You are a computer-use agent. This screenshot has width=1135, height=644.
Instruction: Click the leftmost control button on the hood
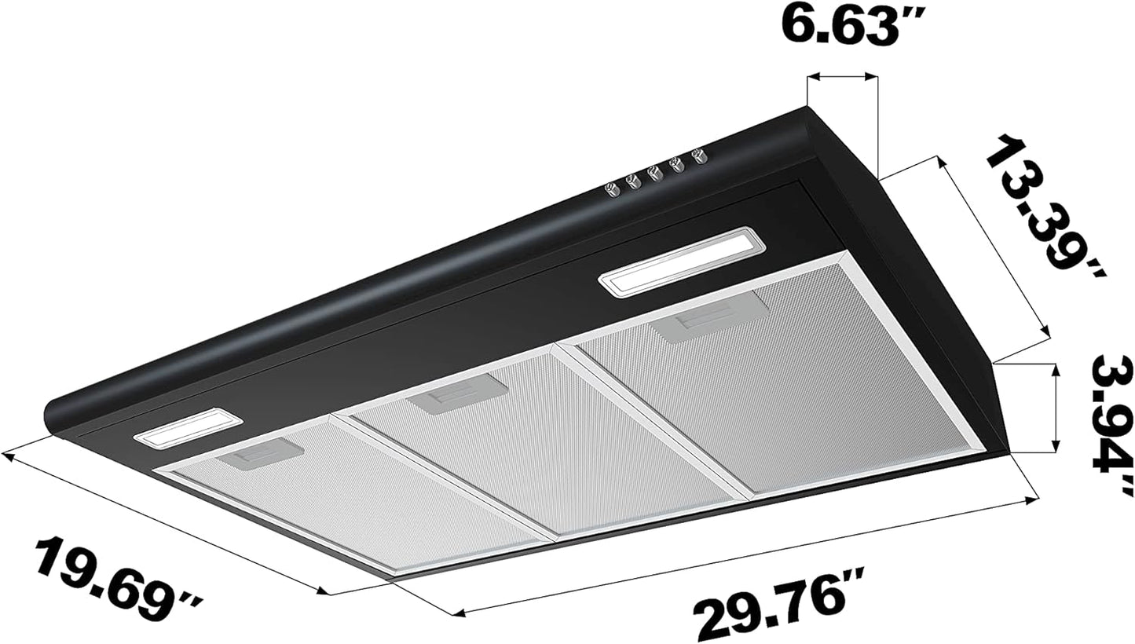tap(612, 188)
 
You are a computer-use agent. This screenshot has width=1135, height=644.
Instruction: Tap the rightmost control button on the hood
tap(697, 155)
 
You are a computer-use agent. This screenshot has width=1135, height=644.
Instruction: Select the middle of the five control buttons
tap(654, 171)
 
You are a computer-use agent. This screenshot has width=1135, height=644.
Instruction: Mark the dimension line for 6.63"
tap(842, 76)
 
